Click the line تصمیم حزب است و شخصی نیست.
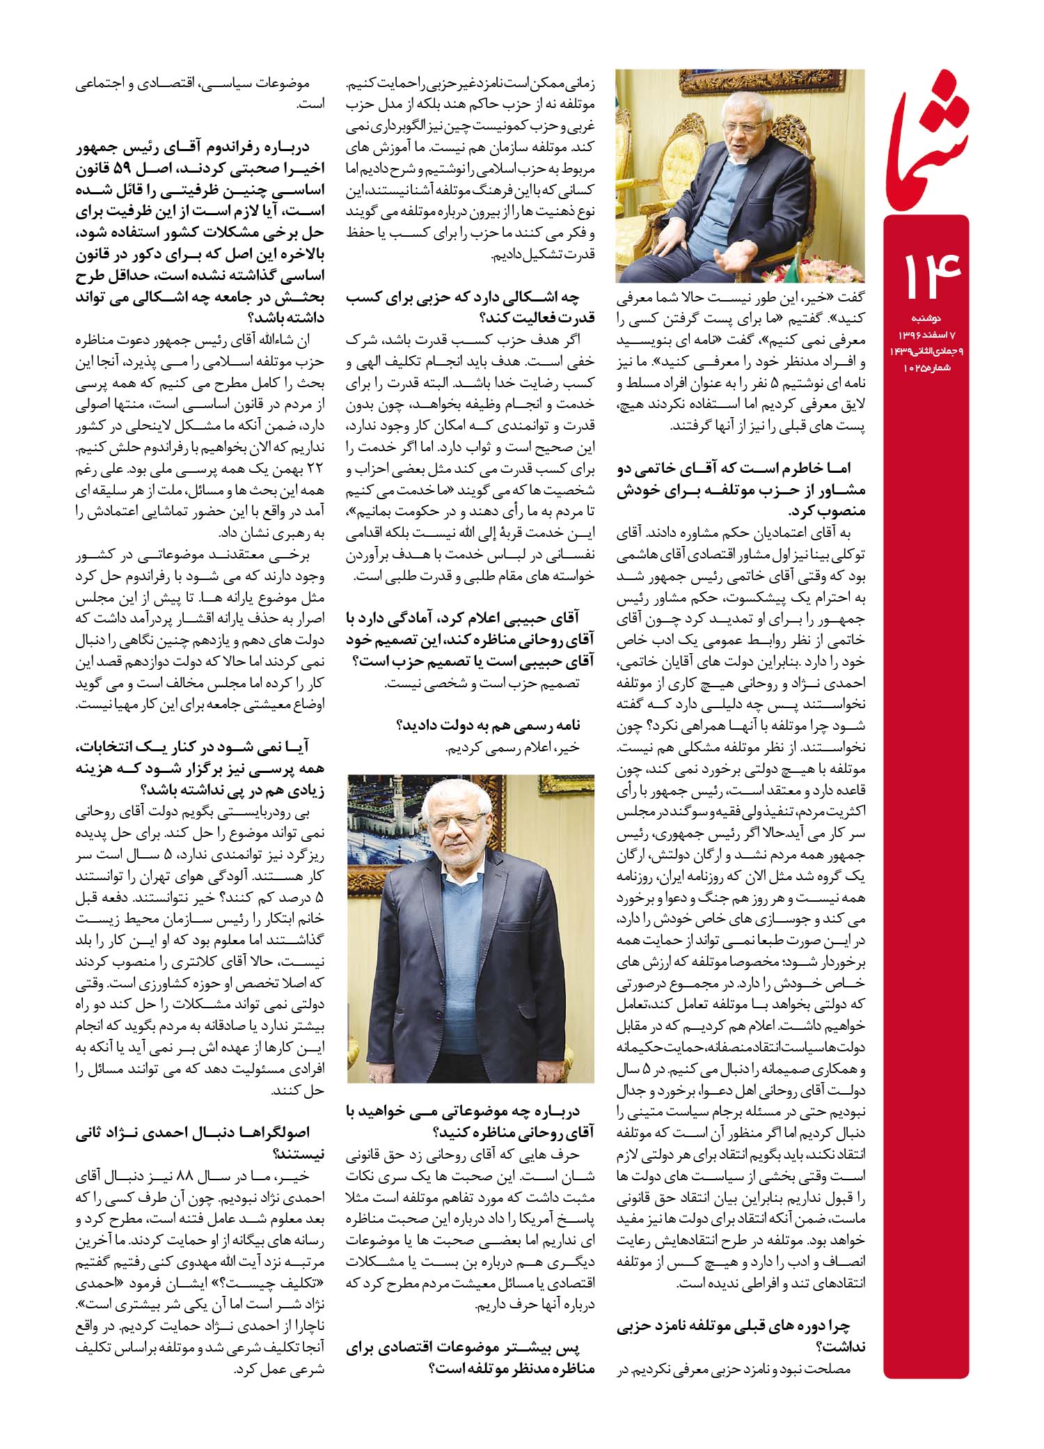[x=484, y=684]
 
